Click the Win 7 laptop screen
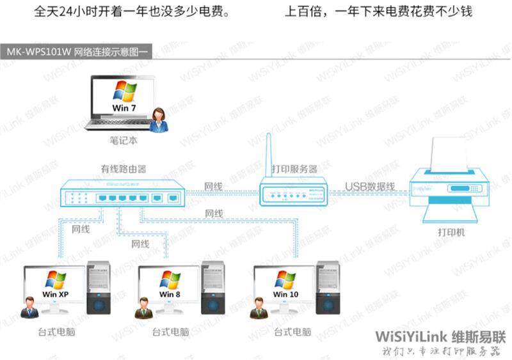pyautogui.click(x=124, y=97)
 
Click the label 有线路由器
pyautogui.click(x=124, y=169)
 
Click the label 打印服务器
pyautogui.click(x=294, y=169)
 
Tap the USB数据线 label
pyautogui.click(x=370, y=187)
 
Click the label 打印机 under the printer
pyautogui.click(x=452, y=233)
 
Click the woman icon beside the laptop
pyautogui.click(x=159, y=120)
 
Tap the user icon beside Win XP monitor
pyautogui.click(x=29, y=308)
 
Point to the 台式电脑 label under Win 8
pyautogui.click(x=170, y=333)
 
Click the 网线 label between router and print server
pyautogui.click(x=213, y=187)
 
